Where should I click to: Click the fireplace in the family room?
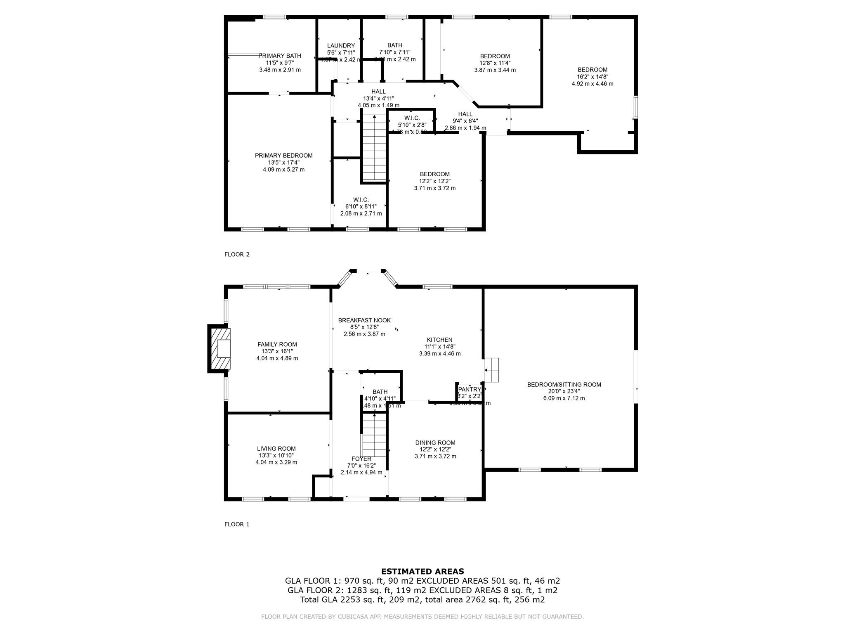[220, 348]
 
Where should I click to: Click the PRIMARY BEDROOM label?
[283, 156]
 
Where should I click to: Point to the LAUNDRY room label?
[341, 46]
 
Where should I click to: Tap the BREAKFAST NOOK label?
[364, 320]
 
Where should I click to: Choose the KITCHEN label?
[439, 340]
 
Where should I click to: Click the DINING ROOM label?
[435, 442]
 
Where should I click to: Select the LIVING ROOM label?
[276, 449]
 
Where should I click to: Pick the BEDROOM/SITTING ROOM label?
[564, 385]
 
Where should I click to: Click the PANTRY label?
[470, 389]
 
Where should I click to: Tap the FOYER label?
[361, 459]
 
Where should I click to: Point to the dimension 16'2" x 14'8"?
[592, 77]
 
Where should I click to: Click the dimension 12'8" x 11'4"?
[495, 63]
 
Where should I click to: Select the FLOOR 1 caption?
[237, 525]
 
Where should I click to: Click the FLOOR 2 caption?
[237, 255]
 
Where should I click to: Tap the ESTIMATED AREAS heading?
[422, 572]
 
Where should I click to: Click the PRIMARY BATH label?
[280, 56]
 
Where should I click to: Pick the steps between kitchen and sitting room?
[491, 370]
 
